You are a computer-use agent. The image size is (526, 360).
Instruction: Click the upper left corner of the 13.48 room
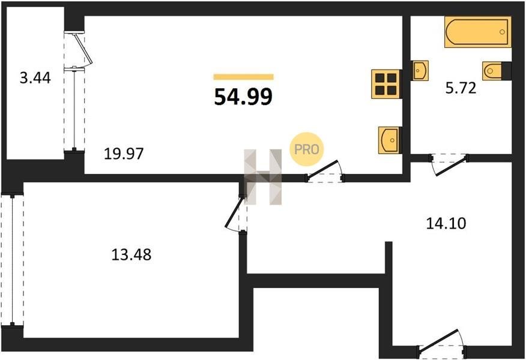(24, 182)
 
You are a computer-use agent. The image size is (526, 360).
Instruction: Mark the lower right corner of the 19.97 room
(402, 173)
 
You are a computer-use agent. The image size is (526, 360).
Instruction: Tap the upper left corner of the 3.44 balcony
(7, 7)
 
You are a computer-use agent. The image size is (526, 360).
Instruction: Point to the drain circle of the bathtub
(502, 32)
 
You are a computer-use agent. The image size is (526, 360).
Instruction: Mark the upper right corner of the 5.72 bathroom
(511, 16)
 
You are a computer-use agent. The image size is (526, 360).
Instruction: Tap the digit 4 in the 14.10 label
(440, 223)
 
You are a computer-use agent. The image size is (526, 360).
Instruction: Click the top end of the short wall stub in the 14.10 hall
(388, 242)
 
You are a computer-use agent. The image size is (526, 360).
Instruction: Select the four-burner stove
(386, 84)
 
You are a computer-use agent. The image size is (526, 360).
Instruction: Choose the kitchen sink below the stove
(390, 140)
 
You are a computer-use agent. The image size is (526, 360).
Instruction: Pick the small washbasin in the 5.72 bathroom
(420, 70)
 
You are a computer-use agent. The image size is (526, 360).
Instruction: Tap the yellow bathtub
(478, 32)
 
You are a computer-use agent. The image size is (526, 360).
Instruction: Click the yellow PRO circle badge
(307, 149)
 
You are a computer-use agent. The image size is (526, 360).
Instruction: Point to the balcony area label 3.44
(35, 78)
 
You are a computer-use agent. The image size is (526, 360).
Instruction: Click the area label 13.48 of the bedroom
(131, 255)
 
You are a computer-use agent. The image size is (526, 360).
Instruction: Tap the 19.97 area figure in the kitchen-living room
(124, 154)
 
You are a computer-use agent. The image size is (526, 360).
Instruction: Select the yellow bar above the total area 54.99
(244, 77)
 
